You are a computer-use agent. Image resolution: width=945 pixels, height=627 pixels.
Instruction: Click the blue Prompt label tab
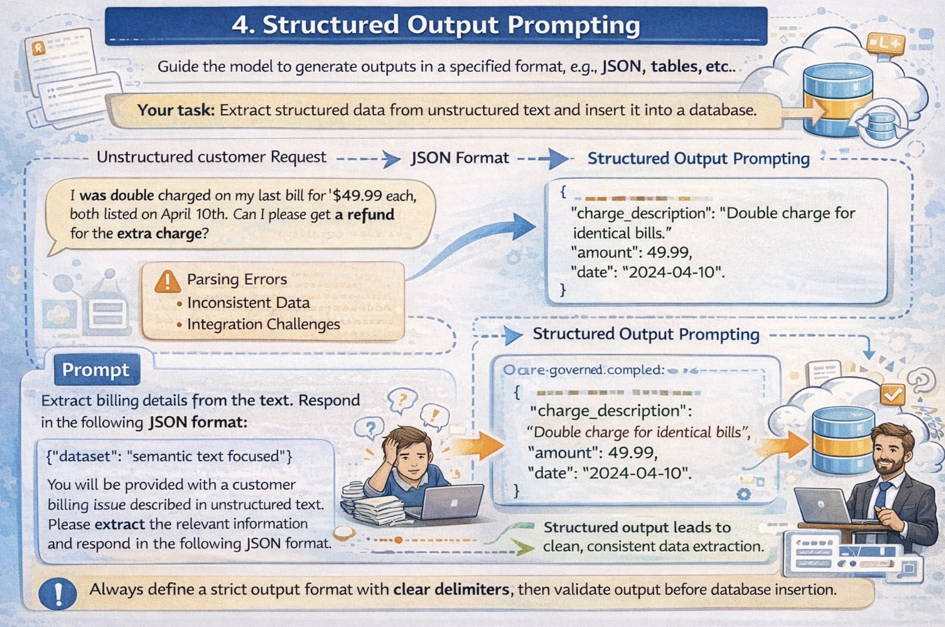click(96, 370)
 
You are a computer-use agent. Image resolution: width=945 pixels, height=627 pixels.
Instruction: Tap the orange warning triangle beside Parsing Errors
click(167, 281)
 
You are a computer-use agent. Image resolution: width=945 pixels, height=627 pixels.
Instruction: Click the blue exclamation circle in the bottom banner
click(58, 593)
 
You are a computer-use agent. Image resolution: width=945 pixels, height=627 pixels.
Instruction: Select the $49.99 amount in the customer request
click(358, 196)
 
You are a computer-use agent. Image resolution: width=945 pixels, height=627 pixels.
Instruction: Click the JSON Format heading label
click(460, 158)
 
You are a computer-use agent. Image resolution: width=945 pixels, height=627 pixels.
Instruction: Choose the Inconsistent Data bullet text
click(248, 303)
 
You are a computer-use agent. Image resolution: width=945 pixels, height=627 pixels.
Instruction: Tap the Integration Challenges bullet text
click(263, 324)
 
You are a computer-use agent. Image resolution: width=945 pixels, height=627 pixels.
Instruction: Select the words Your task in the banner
click(176, 110)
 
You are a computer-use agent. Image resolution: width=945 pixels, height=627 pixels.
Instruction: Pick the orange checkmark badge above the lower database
click(892, 395)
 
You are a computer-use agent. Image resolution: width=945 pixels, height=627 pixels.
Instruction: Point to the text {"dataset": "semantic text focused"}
click(169, 456)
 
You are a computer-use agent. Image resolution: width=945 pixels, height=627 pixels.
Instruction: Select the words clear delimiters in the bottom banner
click(451, 589)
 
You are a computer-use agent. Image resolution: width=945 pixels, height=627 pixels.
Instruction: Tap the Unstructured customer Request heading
click(211, 157)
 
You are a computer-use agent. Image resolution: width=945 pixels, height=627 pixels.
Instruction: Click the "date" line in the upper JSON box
click(647, 272)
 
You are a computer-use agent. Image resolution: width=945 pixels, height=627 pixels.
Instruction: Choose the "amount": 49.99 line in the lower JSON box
click(593, 452)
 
